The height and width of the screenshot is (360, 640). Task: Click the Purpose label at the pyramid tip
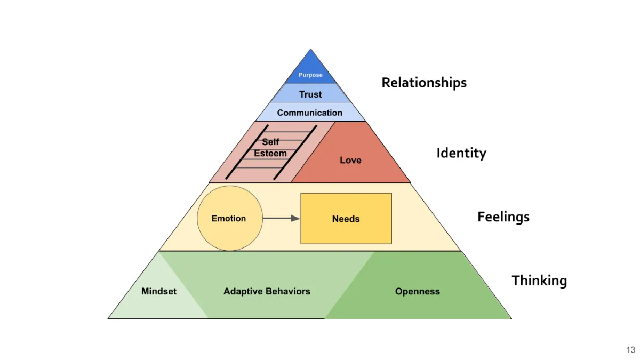coord(310,75)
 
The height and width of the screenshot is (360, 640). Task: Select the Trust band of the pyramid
coord(310,94)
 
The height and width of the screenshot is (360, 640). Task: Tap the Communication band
coord(310,113)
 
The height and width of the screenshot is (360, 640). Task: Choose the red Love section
coord(350,160)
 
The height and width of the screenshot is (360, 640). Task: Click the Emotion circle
coord(229,219)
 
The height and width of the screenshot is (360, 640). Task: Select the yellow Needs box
coord(346,219)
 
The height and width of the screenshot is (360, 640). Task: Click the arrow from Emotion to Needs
coord(281,218)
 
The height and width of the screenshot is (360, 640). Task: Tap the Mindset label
coord(159,292)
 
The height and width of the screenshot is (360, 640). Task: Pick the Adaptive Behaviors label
coord(267,292)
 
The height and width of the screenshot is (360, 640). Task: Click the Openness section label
coord(418,292)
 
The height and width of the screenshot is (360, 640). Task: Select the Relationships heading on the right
coord(424,83)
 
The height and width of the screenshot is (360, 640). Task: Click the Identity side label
coord(461,154)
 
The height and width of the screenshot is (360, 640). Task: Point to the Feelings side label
coord(503,217)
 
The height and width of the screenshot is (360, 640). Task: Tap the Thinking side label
coord(539,281)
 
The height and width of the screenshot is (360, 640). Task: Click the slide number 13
coord(631,350)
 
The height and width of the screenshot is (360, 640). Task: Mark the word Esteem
coord(270,154)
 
